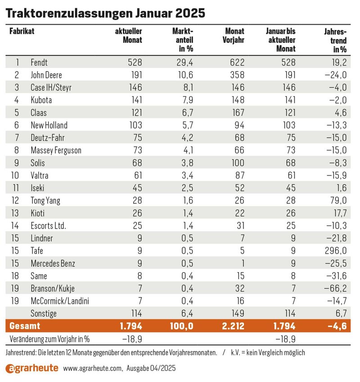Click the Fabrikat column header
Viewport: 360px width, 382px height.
pos(22,31)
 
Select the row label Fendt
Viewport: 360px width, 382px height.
pos(39,63)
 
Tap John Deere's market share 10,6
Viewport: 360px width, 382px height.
pos(185,75)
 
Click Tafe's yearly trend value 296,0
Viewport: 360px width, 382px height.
pos(336,251)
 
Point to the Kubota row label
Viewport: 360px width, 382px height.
pos(41,100)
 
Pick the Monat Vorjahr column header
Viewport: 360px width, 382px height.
pos(234,36)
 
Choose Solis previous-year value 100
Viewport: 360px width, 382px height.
pos(238,163)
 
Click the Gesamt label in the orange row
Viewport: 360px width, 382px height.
pos(25,326)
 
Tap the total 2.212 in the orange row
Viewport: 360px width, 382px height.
pos(233,326)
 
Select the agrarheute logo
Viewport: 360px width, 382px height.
pos(32,368)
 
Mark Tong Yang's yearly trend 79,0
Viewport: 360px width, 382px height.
pos(338,201)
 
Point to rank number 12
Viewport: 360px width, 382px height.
pos(15,201)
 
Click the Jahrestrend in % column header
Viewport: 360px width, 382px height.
pos(335,40)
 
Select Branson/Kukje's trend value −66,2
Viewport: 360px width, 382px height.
pos(335,288)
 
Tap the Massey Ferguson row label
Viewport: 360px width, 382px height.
pos(56,150)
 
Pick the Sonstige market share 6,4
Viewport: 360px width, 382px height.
pos(187,313)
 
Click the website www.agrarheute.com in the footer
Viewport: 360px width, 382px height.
pos(93,368)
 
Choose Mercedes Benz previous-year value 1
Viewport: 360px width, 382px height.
pos(243,263)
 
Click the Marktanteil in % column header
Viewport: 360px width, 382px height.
pos(183,40)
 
